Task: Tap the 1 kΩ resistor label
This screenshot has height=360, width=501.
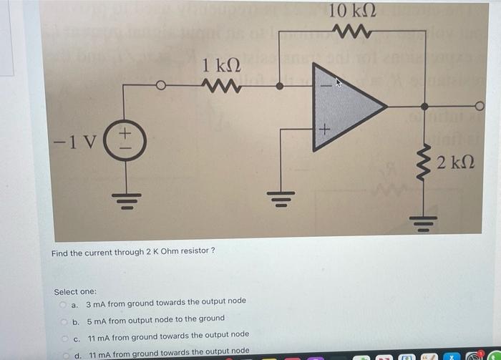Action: [x=220, y=66]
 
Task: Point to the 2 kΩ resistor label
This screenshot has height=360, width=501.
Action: [x=454, y=161]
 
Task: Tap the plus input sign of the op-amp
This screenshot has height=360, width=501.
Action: [x=323, y=130]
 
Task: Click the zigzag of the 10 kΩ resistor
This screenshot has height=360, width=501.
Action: [x=352, y=31]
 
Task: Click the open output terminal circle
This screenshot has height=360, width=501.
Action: [x=480, y=107]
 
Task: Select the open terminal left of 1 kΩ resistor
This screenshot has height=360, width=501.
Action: [x=161, y=86]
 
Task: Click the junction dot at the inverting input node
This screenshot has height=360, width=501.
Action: [x=279, y=86]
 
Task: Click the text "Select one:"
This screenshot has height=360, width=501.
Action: [x=75, y=292]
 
